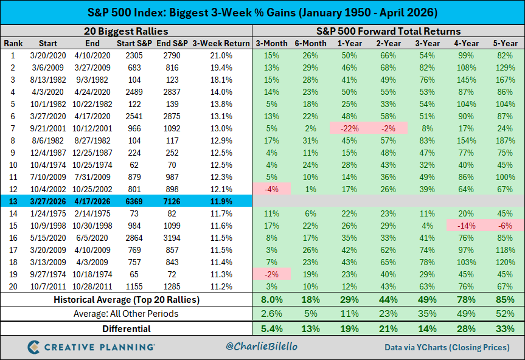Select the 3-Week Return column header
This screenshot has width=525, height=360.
click(221, 43)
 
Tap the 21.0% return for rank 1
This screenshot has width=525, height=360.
click(221, 55)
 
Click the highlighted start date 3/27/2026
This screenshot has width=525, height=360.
click(48, 199)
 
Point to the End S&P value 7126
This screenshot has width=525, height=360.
click(176, 199)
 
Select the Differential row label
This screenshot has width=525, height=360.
click(126, 329)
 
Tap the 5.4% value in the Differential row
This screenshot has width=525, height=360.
click(272, 329)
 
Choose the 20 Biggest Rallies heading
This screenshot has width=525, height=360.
click(126, 31)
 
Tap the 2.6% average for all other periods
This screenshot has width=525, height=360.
click(272, 313)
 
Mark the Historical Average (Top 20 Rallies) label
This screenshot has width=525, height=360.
click(126, 299)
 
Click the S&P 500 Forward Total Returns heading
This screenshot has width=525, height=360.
click(388, 31)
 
